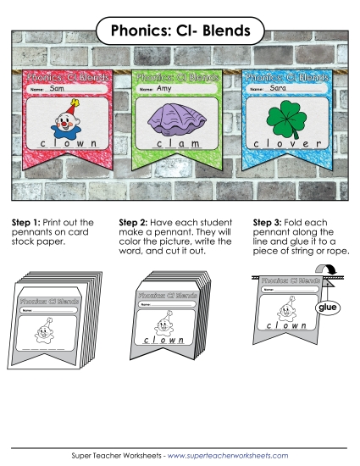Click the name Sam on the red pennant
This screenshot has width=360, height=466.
58,88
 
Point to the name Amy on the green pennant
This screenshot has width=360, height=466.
165,88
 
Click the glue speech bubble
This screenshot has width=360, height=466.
326,309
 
